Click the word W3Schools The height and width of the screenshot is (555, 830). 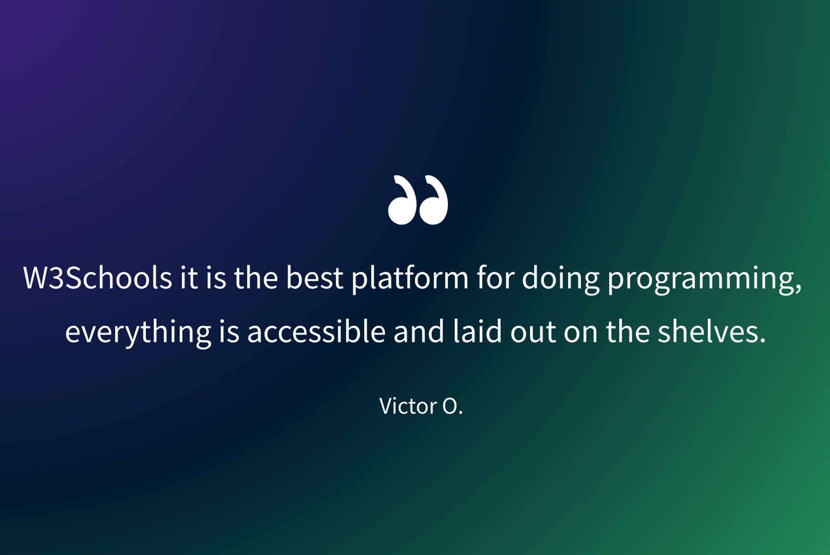pos(97,277)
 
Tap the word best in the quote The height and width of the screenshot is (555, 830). pos(314,277)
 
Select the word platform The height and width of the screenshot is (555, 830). pos(410,279)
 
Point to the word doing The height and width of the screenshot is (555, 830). pos(560,279)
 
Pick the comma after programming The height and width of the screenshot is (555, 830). pos(798,290)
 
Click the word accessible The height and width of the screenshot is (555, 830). pos(316,331)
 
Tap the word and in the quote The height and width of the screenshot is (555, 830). pos(419,331)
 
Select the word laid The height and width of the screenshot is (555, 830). pos(477,331)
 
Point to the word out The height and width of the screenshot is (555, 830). pos(533,333)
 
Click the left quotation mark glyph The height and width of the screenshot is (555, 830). pos(401,200)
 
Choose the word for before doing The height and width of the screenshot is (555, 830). pos(495,277)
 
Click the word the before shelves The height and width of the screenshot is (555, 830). pos(628,331)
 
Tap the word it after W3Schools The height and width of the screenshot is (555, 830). pos(189,278)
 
